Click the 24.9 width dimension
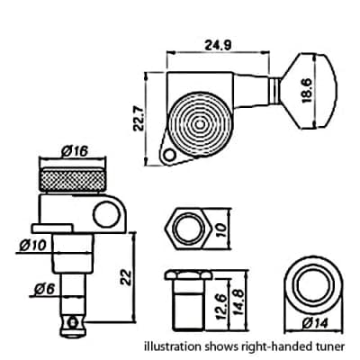[218, 45]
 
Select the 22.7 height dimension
[139, 118]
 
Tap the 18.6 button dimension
[307, 91]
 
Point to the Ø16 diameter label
[74, 151]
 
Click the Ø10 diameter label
[33, 246]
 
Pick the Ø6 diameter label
[44, 290]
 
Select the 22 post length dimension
[125, 277]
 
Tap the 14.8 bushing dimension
[238, 303]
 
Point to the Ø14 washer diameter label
[315, 323]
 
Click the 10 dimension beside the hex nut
[222, 229]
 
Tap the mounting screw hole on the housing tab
[170, 156]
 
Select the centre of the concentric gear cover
[200, 124]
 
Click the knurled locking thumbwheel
[73, 179]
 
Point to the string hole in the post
[72, 323]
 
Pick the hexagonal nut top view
[189, 229]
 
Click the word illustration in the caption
[173, 346]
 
